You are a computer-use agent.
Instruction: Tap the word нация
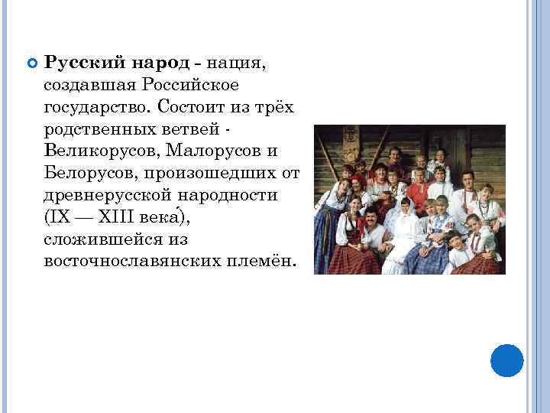pyautogui.click(x=234, y=61)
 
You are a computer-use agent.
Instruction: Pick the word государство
pyautogui.click(x=93, y=106)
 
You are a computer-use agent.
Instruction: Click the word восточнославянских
pyautogui.click(x=132, y=261)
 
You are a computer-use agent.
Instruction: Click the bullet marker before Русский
pyautogui.click(x=31, y=62)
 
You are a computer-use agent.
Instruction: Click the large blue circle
pyautogui.click(x=506, y=361)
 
